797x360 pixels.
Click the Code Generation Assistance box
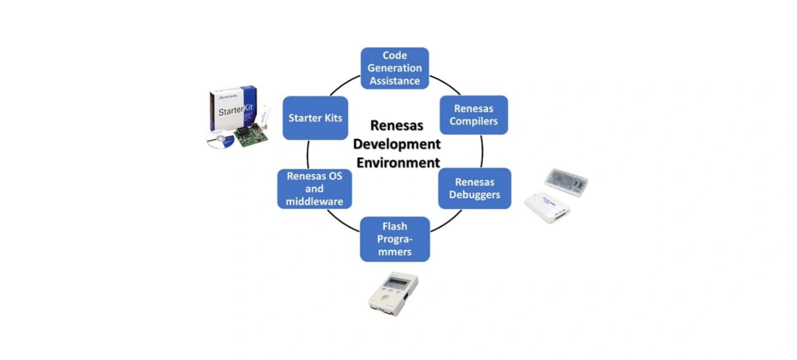[x=395, y=69]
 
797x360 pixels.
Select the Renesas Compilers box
[x=474, y=115]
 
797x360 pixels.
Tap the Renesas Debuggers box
[x=474, y=188]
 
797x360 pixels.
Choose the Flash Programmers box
[x=395, y=239]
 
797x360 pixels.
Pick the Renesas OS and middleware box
[x=314, y=189]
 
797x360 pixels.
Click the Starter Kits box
[x=315, y=118]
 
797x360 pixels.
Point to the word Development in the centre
[x=397, y=144]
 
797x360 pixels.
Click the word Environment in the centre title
[x=398, y=163]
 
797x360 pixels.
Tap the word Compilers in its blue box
[x=474, y=121]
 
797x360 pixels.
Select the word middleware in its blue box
[x=314, y=201]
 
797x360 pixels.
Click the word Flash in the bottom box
[x=395, y=227]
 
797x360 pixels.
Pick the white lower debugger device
[x=547, y=207]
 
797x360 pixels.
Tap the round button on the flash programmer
[x=388, y=298]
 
